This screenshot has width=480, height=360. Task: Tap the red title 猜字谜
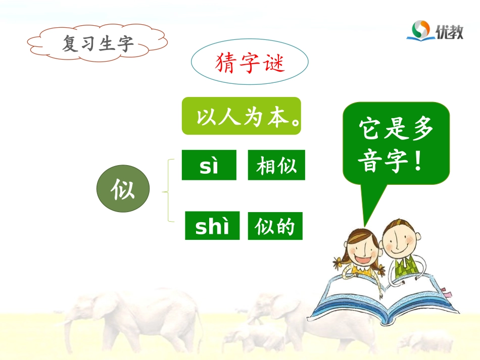250,63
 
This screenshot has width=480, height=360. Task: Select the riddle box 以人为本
242,116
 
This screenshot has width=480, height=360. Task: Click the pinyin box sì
209,165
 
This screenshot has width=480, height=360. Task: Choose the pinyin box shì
212,226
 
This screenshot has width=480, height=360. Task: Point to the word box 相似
276,165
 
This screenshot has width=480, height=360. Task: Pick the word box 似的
275,226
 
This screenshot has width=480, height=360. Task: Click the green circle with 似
123,189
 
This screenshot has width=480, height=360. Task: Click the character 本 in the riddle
280,117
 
